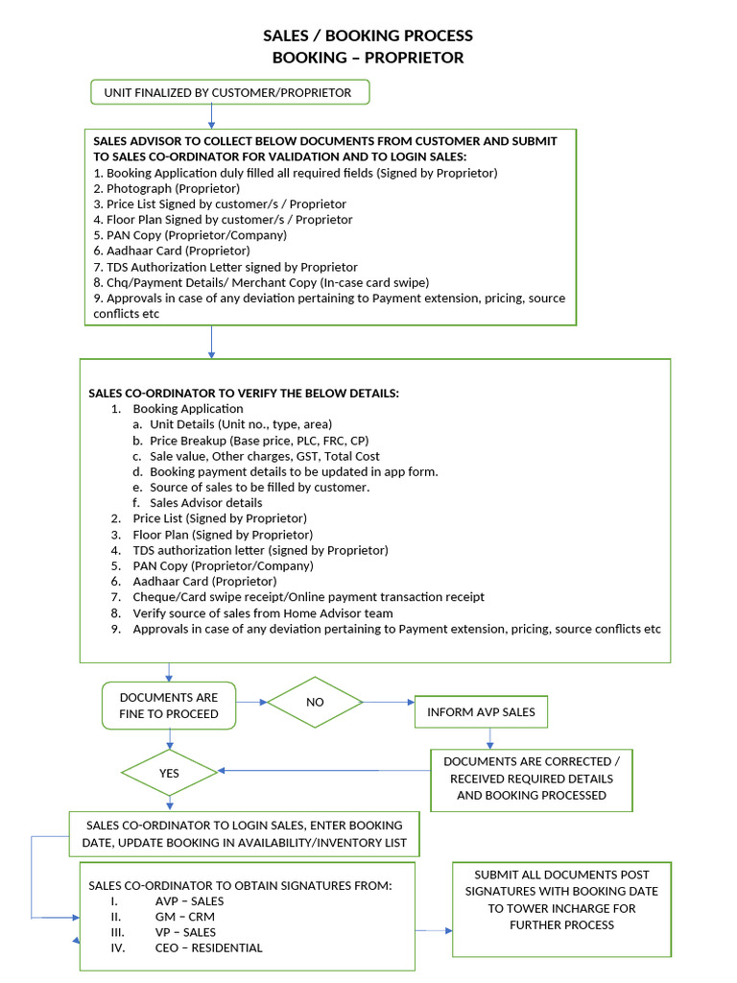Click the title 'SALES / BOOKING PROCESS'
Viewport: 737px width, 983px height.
(x=368, y=36)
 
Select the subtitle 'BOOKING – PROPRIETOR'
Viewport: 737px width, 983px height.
(x=368, y=58)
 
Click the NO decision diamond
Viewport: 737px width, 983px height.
(x=315, y=702)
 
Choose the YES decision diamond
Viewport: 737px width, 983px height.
(x=169, y=772)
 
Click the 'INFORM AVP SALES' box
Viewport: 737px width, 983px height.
(x=481, y=712)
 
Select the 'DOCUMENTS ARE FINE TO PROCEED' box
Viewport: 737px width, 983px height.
(x=169, y=706)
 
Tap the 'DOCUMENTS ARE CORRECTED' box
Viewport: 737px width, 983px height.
(x=531, y=779)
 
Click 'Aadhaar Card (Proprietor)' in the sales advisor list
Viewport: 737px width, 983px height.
(x=172, y=251)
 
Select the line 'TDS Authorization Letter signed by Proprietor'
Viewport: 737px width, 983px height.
(x=226, y=267)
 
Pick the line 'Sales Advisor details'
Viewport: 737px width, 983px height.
(x=205, y=502)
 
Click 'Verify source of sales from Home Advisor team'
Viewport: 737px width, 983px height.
(x=263, y=612)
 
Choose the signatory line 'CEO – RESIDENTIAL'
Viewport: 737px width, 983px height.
(x=208, y=947)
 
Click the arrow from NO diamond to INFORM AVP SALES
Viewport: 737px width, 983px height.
(x=388, y=703)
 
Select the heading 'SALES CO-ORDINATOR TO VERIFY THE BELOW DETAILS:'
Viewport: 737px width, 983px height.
(x=244, y=393)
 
